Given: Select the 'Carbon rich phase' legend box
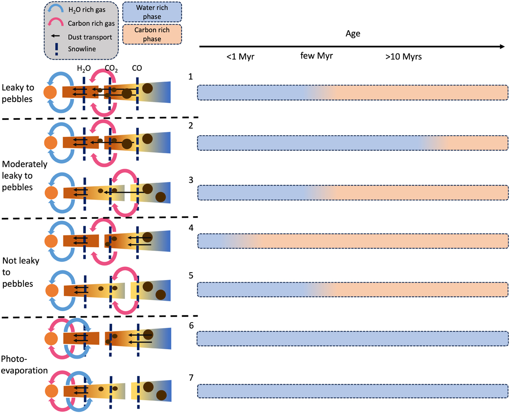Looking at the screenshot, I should pos(152,35).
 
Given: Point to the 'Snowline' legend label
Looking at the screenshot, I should pos(81,48).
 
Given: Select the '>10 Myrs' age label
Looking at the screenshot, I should pos(403,57).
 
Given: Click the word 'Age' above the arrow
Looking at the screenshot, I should pos(353,34).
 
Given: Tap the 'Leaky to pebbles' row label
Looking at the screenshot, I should pos(18,92).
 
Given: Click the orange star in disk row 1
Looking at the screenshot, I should pos(50,92).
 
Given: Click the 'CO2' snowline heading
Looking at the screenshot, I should pos(111,68).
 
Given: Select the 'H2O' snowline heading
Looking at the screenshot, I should pos(84,68).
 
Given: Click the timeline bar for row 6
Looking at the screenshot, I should pos(353,338).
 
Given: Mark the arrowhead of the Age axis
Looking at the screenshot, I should pos(502,46).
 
